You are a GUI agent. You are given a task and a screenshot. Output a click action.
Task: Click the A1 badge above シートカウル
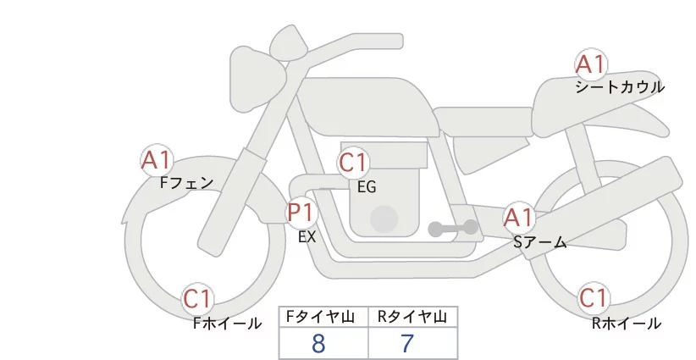tap(590, 65)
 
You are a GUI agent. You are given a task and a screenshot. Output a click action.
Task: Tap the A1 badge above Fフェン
tap(157, 160)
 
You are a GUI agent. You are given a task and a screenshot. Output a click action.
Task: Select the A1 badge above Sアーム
tap(518, 218)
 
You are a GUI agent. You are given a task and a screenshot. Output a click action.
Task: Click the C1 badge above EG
tap(354, 163)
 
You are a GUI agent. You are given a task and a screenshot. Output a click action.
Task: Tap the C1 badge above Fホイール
tap(199, 299)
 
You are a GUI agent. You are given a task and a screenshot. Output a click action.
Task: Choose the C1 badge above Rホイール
tap(594, 299)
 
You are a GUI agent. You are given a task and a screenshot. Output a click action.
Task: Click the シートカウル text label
tap(619, 87)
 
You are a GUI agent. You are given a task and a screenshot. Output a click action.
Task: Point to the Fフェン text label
tap(186, 182)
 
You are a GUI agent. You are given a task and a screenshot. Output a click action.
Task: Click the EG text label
tap(367, 187)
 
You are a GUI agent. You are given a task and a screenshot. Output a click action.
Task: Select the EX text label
tap(307, 237)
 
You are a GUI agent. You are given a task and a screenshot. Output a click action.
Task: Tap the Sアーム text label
tap(539, 242)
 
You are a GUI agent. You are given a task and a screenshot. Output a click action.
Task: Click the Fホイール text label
tap(227, 323)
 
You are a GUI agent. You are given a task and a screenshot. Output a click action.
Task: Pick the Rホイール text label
tap(627, 323)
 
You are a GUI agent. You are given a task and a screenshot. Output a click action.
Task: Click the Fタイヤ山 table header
tap(323, 317)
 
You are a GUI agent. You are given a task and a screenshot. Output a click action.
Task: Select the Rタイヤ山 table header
tap(412, 317)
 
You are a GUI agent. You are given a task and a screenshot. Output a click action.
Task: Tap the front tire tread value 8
tap(318, 344)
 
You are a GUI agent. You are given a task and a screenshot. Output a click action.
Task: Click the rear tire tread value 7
tap(407, 344)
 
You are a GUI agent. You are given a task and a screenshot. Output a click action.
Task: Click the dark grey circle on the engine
tap(384, 219)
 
